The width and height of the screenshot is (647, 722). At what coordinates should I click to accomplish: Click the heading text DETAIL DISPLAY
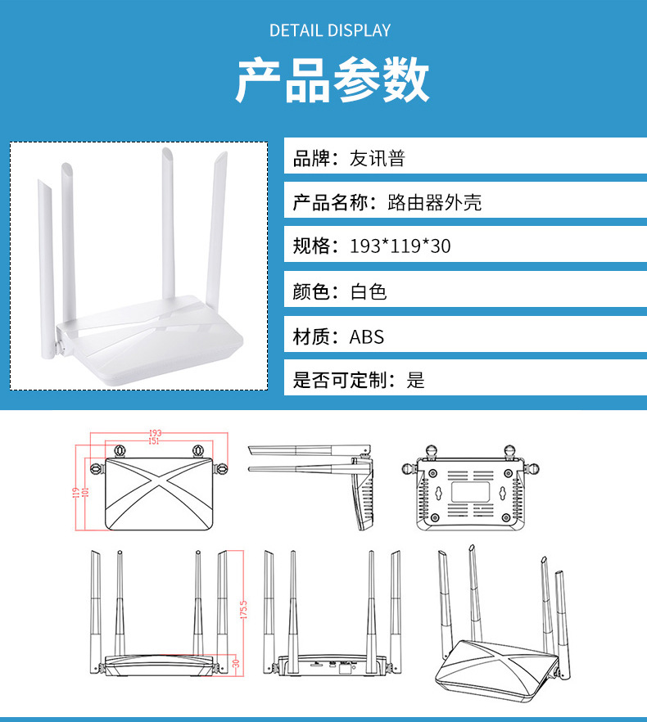pyautogui.click(x=330, y=31)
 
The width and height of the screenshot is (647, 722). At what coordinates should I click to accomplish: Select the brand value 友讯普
pyautogui.click(x=378, y=159)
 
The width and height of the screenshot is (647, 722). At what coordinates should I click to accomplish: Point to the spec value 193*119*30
pyautogui.click(x=400, y=246)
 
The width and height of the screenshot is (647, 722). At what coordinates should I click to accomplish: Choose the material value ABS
pyautogui.click(x=366, y=336)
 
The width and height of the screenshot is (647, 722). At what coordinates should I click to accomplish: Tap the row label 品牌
pyautogui.click(x=310, y=159)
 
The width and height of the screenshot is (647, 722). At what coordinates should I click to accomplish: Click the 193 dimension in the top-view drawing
pyautogui.click(x=155, y=432)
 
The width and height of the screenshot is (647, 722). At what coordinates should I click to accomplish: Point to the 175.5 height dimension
pyautogui.click(x=243, y=611)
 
